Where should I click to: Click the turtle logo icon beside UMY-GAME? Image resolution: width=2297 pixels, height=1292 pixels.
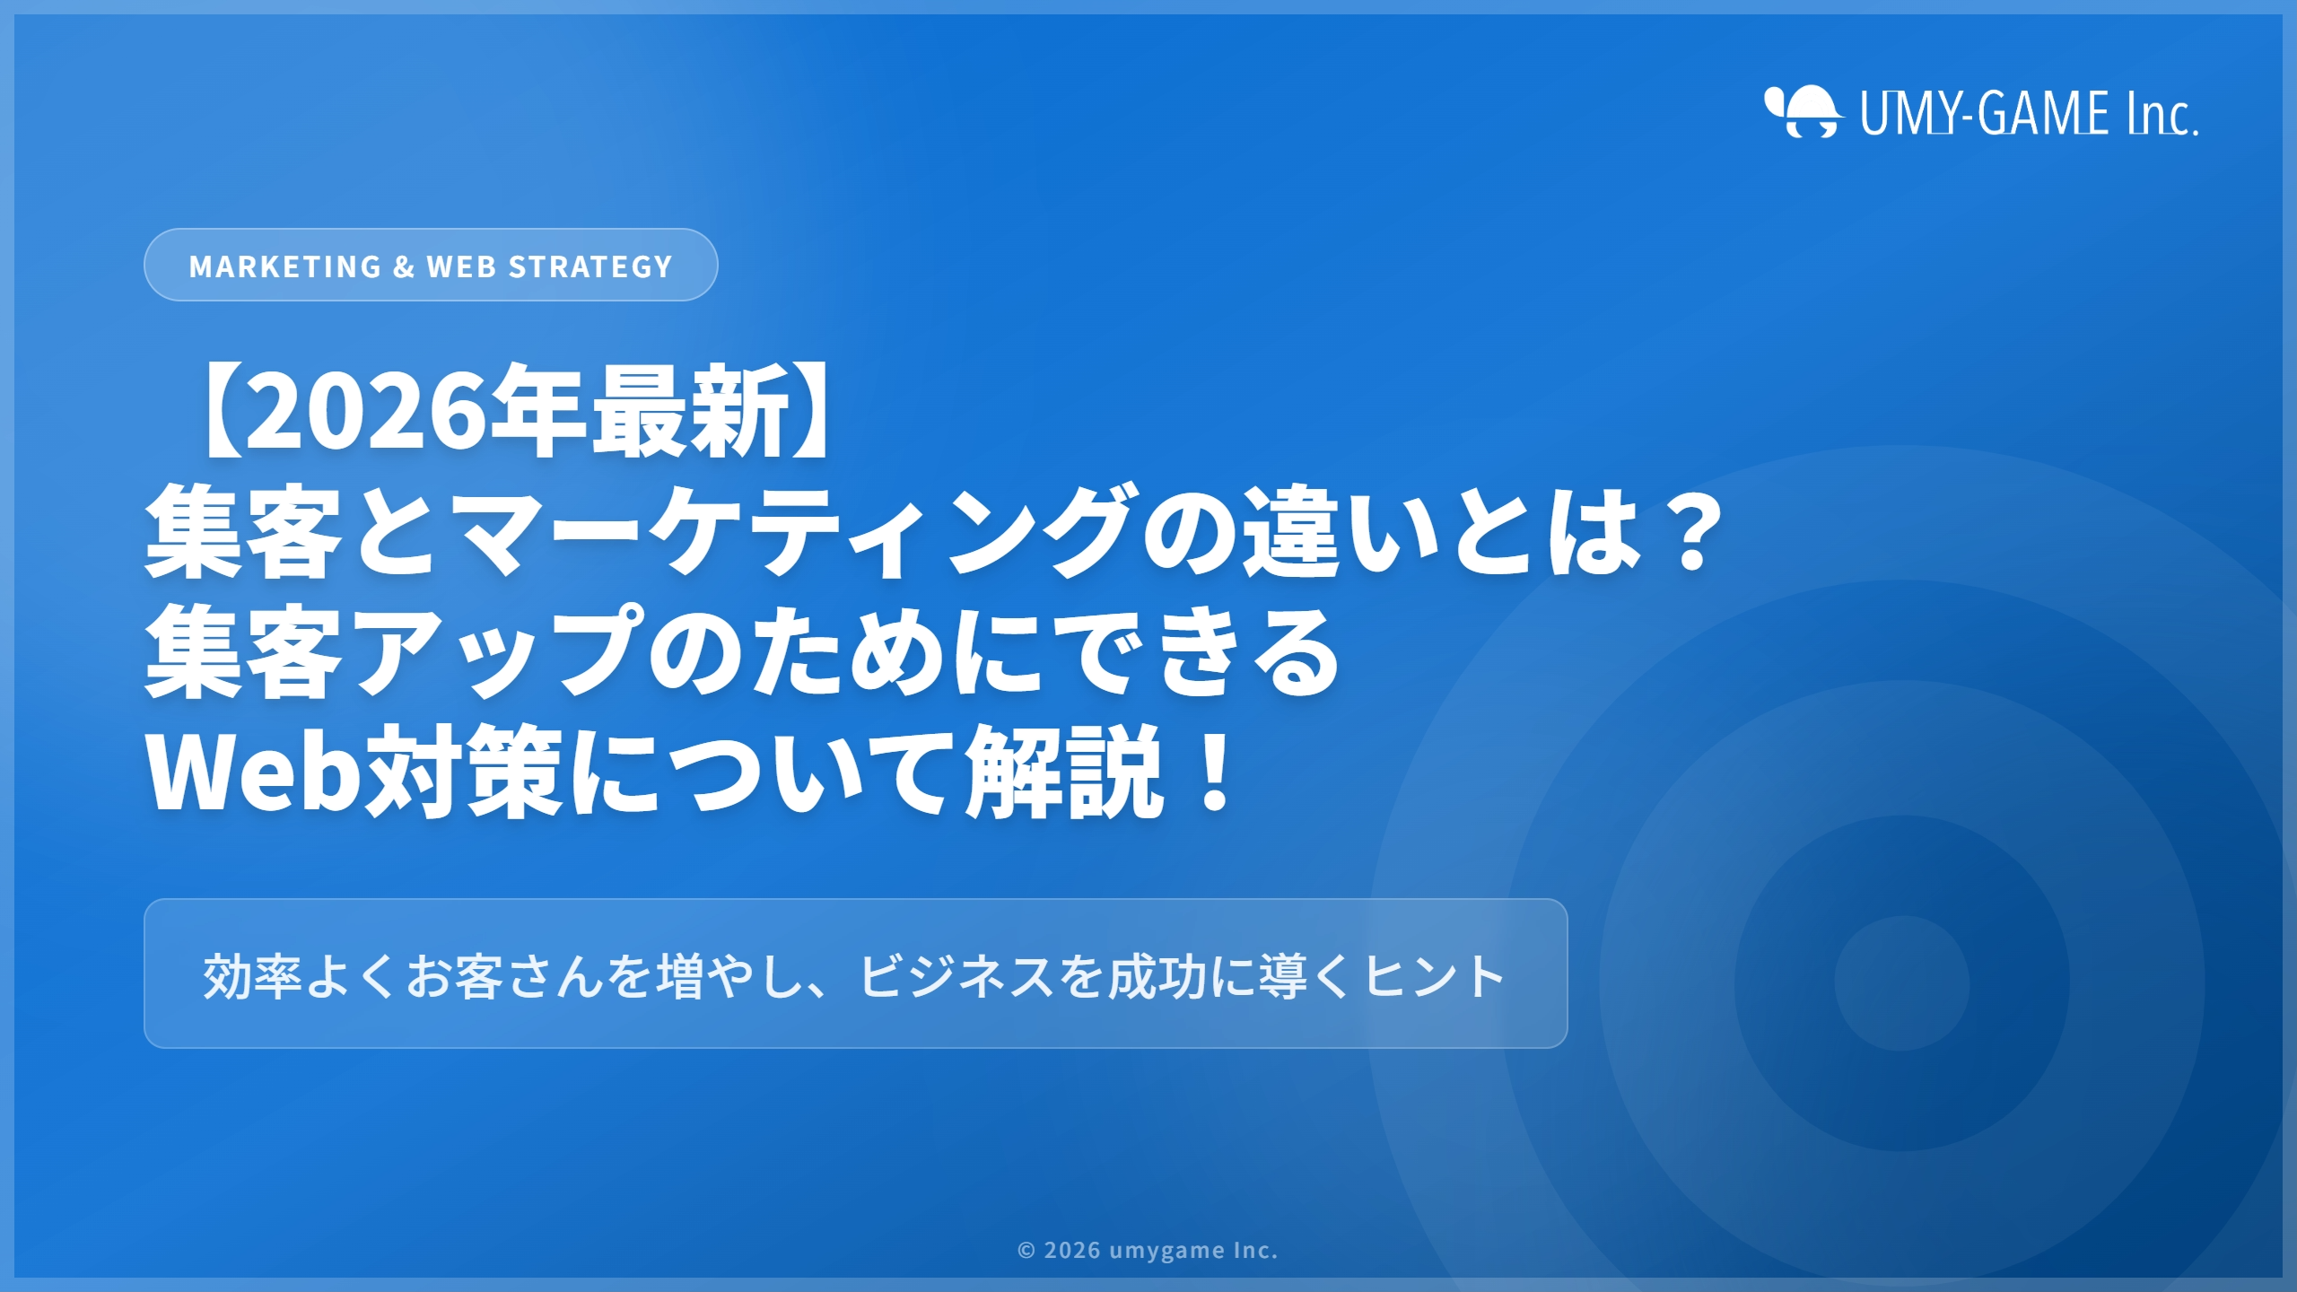point(1804,112)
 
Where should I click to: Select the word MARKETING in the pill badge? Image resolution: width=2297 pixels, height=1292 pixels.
point(285,266)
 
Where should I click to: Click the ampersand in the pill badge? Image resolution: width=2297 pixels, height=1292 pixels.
point(404,266)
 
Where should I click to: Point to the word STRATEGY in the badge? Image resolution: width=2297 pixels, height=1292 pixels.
point(590,266)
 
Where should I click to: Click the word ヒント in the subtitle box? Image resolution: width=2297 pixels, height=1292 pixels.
point(1434,976)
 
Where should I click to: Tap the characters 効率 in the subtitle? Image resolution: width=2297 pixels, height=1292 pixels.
point(252,976)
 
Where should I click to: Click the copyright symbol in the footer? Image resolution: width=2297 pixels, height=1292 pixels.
point(1026,1251)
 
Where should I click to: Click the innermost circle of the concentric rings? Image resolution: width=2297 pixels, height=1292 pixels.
point(1901,982)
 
